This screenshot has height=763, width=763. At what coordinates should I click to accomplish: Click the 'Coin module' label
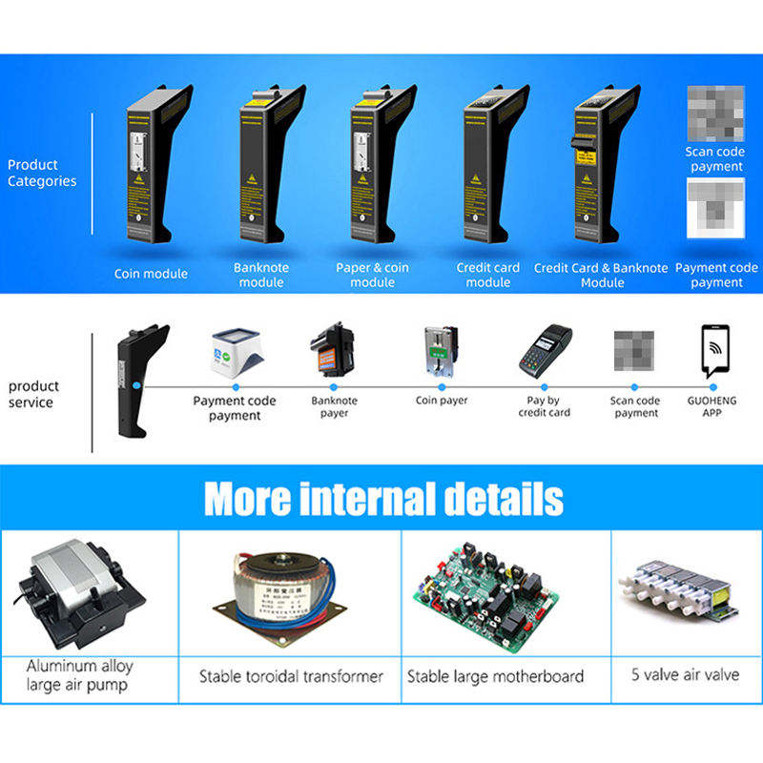(151, 274)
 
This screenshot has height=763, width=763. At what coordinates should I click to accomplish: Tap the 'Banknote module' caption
(261, 275)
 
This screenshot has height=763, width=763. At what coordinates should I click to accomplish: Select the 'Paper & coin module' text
(372, 275)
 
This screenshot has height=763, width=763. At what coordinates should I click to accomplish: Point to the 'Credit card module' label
(488, 275)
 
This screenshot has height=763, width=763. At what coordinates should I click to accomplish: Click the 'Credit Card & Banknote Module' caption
(601, 275)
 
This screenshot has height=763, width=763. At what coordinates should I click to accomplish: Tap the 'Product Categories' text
(42, 173)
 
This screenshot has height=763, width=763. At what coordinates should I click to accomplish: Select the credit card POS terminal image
(545, 350)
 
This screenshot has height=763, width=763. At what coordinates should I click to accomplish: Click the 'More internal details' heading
(383, 499)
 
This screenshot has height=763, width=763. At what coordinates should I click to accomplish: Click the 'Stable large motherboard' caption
(495, 676)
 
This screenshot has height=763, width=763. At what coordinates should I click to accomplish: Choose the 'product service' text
(34, 394)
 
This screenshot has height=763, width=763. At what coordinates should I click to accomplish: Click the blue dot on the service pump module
(136, 385)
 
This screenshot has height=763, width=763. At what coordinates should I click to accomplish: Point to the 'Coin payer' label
(442, 401)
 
